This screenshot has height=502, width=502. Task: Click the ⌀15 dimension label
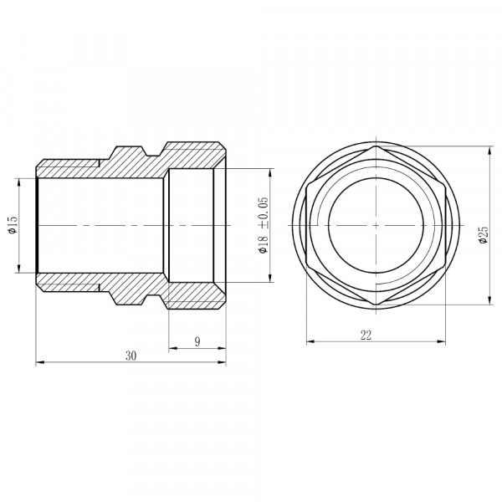(13, 225)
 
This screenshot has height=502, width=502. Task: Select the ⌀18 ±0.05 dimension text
(264, 225)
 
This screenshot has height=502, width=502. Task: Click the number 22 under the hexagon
(366, 336)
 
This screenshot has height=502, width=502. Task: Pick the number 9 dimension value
(197, 341)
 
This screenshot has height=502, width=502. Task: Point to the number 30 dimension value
(131, 356)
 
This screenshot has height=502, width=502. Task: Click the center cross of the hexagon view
(376, 225)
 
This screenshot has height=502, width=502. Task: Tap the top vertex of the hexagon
(376, 146)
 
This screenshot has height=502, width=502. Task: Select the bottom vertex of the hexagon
(376, 305)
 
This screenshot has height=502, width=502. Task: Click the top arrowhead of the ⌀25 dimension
(489, 151)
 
